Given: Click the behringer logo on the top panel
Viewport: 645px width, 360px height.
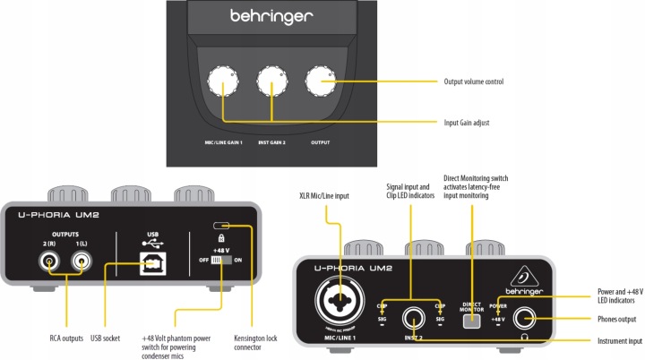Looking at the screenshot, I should pos(271,15).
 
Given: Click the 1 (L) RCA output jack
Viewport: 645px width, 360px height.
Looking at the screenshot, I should pos(83,263).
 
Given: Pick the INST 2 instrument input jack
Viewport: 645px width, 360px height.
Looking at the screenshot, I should pos(413,315).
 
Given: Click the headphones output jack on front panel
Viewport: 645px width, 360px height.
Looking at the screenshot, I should pos(526,317).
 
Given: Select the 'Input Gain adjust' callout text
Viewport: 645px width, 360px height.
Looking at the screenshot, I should pos(475,122).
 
